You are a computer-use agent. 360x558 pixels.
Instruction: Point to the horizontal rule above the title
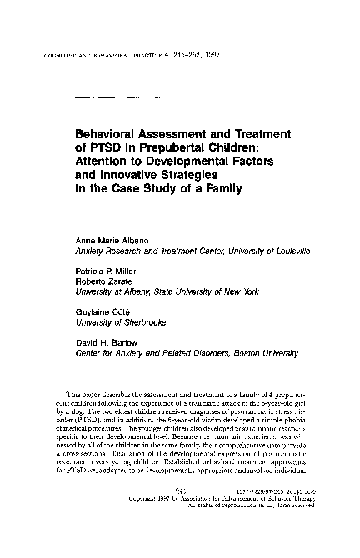[x=109, y=97]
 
